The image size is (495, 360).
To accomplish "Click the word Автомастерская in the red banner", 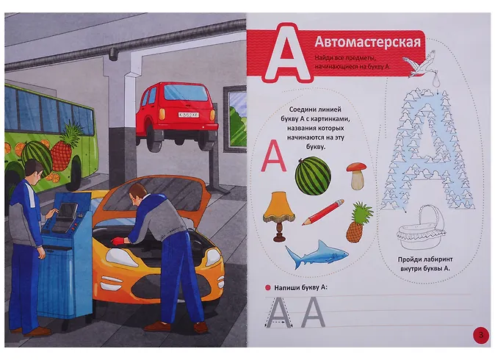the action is pos(367,43).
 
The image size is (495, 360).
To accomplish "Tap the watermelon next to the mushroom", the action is pos(313,176).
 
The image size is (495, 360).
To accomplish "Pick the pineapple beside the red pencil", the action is pos(359,223).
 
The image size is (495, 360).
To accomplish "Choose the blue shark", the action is pos(317,254).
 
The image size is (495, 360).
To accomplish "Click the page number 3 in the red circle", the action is pos(481,335).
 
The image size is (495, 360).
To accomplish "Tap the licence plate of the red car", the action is pos(189,115).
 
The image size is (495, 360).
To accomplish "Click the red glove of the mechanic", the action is pos(117,242).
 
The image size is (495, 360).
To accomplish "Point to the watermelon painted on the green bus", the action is pos(37,154).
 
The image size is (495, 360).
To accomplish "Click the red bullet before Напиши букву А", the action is pos(268,288).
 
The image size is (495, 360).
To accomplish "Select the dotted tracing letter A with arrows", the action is pos(279,312).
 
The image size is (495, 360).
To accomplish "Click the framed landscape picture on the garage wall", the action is pos(234,119).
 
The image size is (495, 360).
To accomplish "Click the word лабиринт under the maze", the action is pos(435,259).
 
